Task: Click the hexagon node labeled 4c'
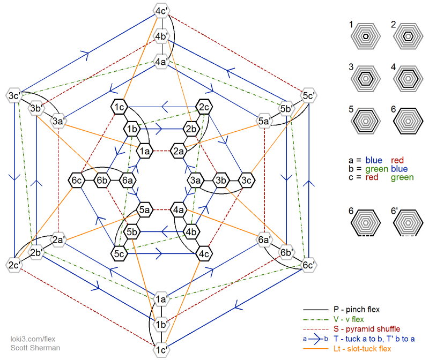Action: click(x=161, y=11)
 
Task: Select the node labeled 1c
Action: click(x=119, y=108)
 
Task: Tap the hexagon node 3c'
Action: click(x=14, y=96)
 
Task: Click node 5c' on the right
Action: click(x=308, y=96)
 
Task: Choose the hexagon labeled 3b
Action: click(x=220, y=180)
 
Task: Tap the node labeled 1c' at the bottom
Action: click(x=161, y=350)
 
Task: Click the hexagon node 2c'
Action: click(x=14, y=265)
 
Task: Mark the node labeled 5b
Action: click(x=132, y=232)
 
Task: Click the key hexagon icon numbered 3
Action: click(x=366, y=78)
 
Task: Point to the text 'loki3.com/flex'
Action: click(x=33, y=339)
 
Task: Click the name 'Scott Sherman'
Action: click(x=35, y=348)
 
